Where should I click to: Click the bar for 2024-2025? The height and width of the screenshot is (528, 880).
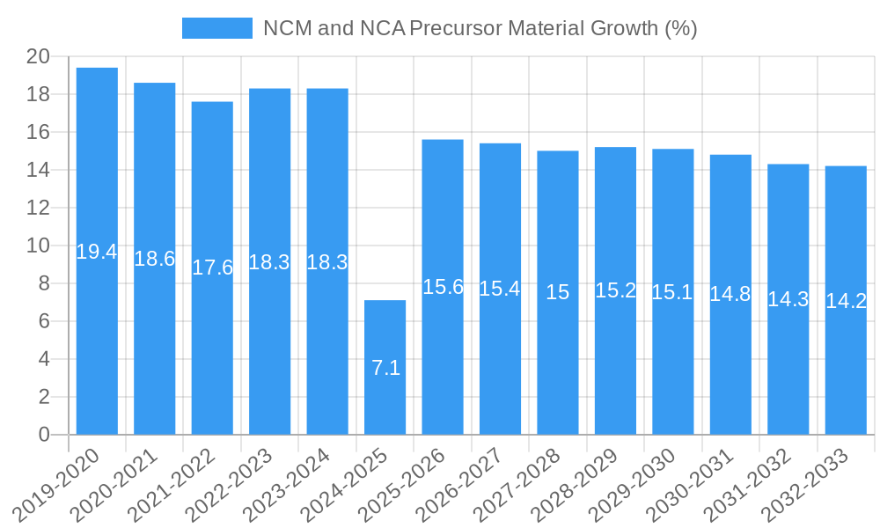[385, 334]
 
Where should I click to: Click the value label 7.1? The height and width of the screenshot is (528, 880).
[385, 368]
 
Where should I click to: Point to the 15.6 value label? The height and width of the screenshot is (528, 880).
[443, 287]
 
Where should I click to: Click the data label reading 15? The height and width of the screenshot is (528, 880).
[558, 292]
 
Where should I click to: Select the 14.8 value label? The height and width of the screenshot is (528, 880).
[730, 294]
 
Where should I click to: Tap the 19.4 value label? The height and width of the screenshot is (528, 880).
[97, 252]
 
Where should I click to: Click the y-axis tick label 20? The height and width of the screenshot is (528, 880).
[38, 57]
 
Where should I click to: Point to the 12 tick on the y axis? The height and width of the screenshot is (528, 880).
[38, 208]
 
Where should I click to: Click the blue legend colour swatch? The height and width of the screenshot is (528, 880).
[216, 28]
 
